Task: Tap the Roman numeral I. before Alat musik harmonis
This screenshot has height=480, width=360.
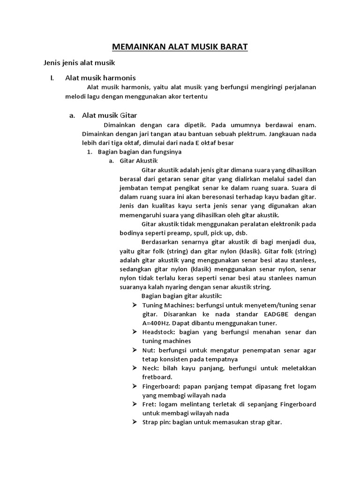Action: (52, 77)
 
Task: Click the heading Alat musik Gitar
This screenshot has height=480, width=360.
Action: (109, 115)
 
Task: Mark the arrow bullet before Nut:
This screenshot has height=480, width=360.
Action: (134, 350)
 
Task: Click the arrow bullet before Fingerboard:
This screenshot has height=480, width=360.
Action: (134, 386)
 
